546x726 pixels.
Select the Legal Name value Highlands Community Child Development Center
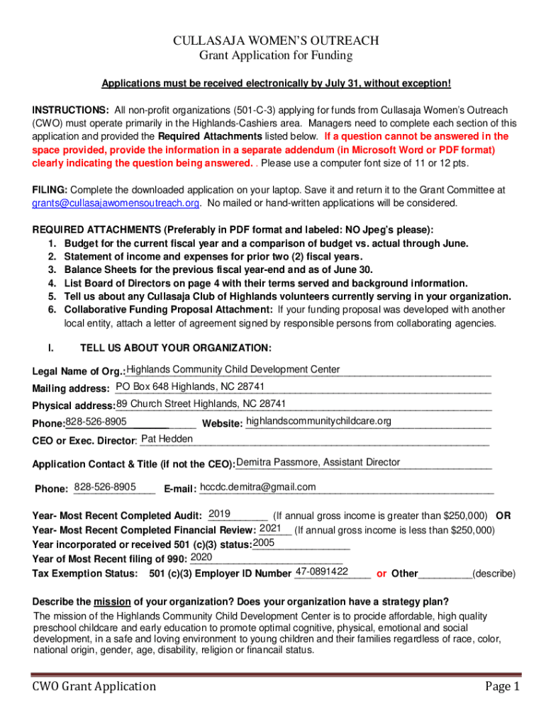233,369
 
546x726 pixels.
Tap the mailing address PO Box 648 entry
190,386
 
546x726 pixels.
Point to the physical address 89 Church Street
201,403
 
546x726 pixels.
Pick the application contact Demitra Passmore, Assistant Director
318,462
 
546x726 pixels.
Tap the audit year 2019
219,513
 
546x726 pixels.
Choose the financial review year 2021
272,528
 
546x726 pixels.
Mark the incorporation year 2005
264,542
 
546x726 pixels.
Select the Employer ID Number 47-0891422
321,571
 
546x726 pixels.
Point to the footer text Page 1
503,686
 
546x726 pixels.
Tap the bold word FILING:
50,190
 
